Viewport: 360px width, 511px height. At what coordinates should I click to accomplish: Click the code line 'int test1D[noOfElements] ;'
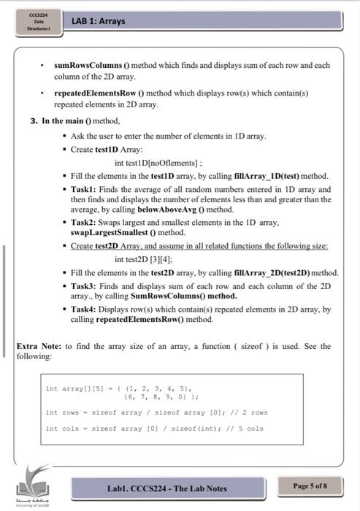(x=153, y=163)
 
